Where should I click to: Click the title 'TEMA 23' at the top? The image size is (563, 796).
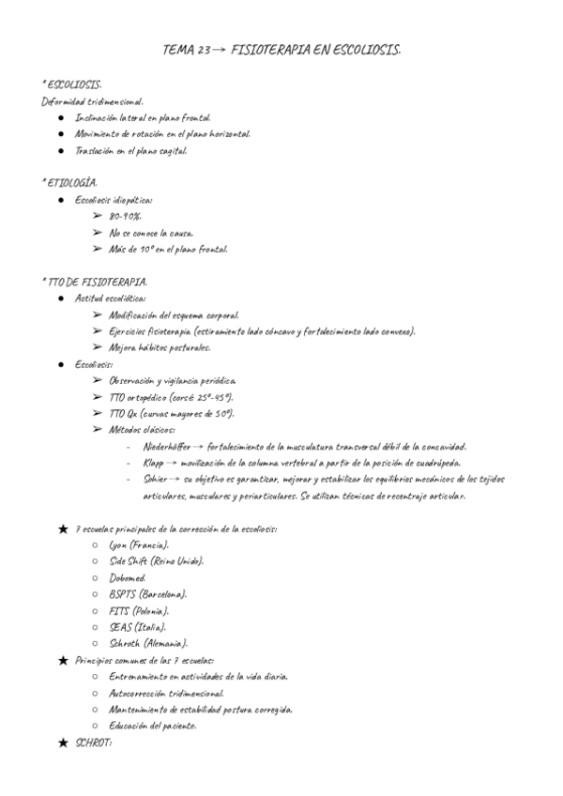click(x=187, y=50)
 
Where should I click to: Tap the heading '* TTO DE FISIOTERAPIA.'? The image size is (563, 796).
click(x=93, y=282)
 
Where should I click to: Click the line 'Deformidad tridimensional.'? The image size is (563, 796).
click(x=93, y=101)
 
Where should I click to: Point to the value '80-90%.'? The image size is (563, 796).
click(x=125, y=216)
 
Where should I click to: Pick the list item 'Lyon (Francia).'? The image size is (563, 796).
click(x=139, y=545)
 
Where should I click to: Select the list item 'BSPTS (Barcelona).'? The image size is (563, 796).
click(x=147, y=594)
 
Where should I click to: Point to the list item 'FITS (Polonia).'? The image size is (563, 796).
click(x=139, y=610)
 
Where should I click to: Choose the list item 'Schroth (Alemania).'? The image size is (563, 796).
click(x=148, y=643)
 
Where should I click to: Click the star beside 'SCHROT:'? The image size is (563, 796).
click(x=63, y=743)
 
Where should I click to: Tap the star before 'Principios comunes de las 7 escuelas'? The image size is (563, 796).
click(x=63, y=660)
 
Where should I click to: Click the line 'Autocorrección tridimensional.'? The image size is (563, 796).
click(x=172, y=693)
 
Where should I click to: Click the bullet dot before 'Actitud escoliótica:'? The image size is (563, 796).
click(x=61, y=298)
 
